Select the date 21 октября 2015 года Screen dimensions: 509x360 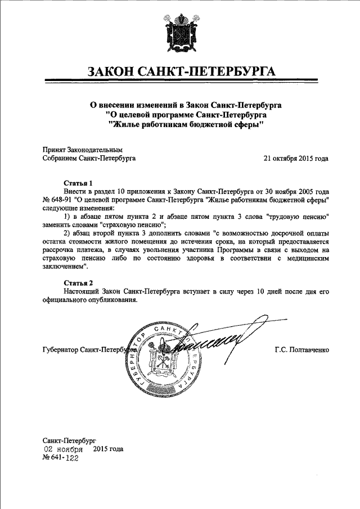tap(296, 159)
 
